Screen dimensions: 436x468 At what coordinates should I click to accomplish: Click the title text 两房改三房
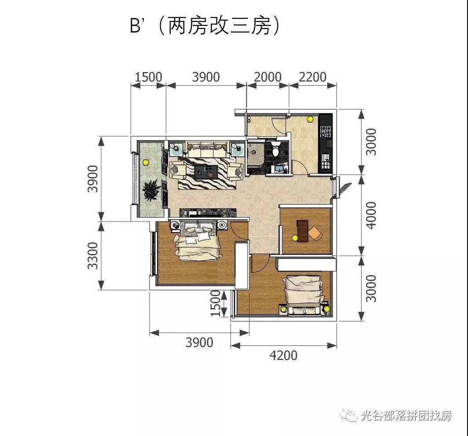point(218,26)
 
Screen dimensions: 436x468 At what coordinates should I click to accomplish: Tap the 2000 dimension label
point(267,77)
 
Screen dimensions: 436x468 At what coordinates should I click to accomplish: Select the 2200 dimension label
point(313,77)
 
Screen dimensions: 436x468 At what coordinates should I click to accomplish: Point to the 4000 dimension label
point(372,215)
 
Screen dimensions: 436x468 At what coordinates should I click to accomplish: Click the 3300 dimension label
point(93,256)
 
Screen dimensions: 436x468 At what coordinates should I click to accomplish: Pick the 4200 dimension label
point(283,355)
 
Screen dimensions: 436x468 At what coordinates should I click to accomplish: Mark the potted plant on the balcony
point(151,191)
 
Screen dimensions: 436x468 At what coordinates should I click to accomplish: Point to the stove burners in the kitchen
point(326,131)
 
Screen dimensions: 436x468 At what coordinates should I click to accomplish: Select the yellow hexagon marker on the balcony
point(146,161)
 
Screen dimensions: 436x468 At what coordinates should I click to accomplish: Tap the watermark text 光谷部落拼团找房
point(406,415)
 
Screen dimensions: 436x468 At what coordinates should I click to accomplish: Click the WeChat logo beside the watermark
point(351,414)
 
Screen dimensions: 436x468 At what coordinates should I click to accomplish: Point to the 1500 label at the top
point(148,77)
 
